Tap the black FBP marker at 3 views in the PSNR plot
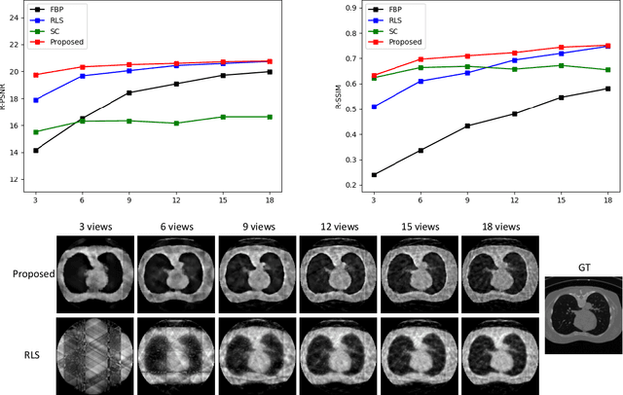pyautogui.click(x=36, y=150)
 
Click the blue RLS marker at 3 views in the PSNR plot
pyautogui.click(x=36, y=100)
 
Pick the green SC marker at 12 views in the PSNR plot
pyautogui.click(x=176, y=124)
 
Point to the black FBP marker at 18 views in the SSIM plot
pyautogui.click(x=607, y=89)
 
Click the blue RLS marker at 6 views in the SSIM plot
pyautogui.click(x=421, y=82)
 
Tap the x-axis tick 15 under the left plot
pyautogui.click(x=223, y=199)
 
